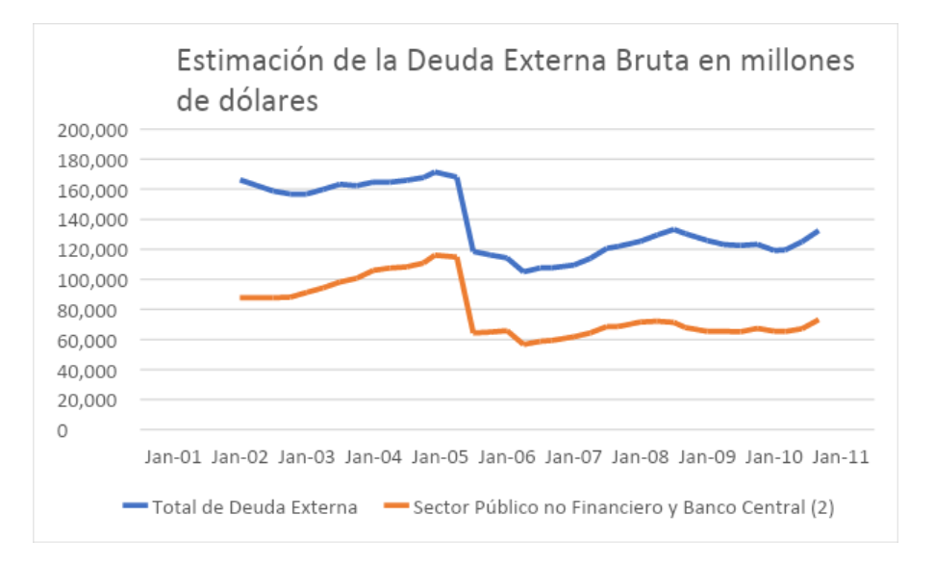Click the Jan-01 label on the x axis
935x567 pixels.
click(x=174, y=457)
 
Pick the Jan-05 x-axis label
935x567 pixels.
click(x=442, y=457)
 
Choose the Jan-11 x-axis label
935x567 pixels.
click(x=842, y=457)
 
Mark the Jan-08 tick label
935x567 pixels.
click(x=642, y=457)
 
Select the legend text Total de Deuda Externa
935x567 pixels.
click(x=255, y=507)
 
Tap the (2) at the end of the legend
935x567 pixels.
click(x=821, y=507)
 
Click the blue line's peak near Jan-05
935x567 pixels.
click(x=436, y=172)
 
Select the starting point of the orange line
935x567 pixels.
click(x=241, y=297)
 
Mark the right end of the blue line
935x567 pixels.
click(x=818, y=231)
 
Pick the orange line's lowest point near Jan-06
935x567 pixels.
click(x=524, y=344)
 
